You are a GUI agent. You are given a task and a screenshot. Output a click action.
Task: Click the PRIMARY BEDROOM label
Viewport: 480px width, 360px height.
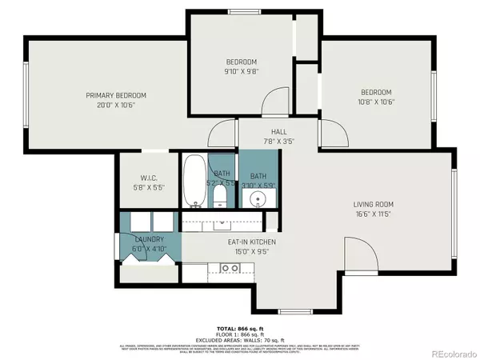click(116, 95)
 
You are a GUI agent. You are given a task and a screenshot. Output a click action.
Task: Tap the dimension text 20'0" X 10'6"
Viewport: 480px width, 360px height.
click(116, 105)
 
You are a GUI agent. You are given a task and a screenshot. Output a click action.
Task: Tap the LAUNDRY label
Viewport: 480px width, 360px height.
click(149, 239)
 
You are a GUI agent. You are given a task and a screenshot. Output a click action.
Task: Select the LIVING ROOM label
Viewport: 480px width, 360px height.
click(376, 205)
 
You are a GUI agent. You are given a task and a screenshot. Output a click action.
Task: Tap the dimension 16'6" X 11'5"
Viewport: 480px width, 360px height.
click(376, 214)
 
